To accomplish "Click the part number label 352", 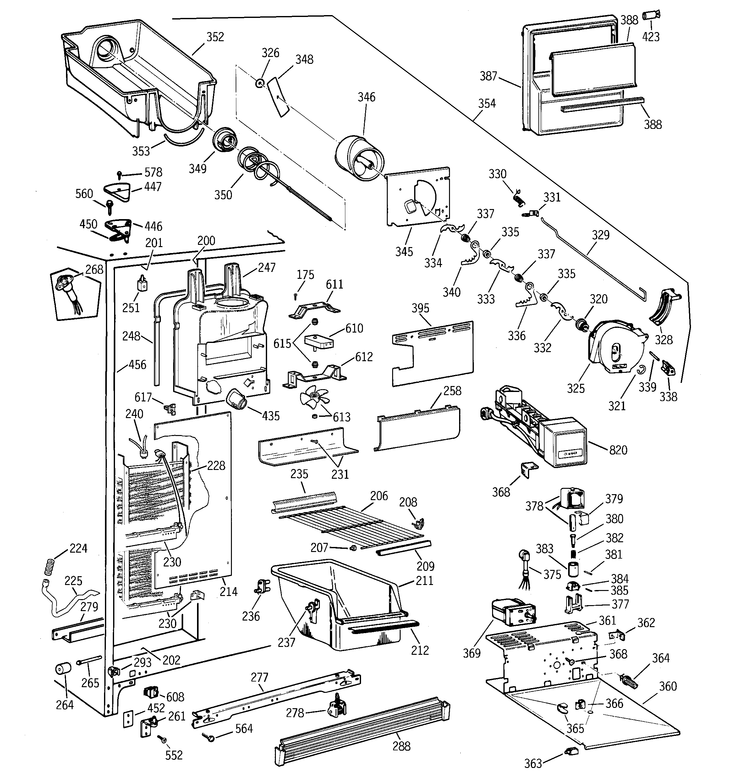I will (215, 37).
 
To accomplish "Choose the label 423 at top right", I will (651, 37).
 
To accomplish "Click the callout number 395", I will (420, 308).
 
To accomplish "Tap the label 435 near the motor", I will (271, 416).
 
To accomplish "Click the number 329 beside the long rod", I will (600, 235).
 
